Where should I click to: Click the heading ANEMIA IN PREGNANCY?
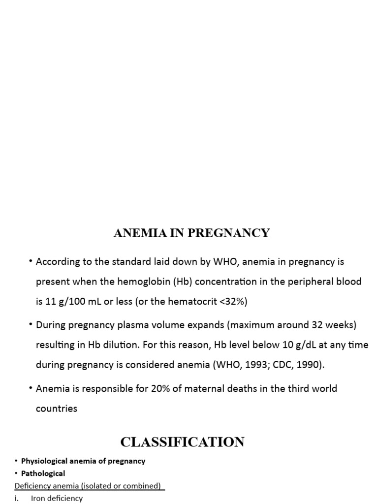pyautogui.click(x=191, y=233)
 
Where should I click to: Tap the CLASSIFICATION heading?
pyautogui.click(x=182, y=442)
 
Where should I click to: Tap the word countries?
pyautogui.click(x=57, y=409)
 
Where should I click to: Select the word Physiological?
pyautogui.click(x=45, y=461)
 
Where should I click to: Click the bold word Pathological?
pyautogui.click(x=43, y=473)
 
